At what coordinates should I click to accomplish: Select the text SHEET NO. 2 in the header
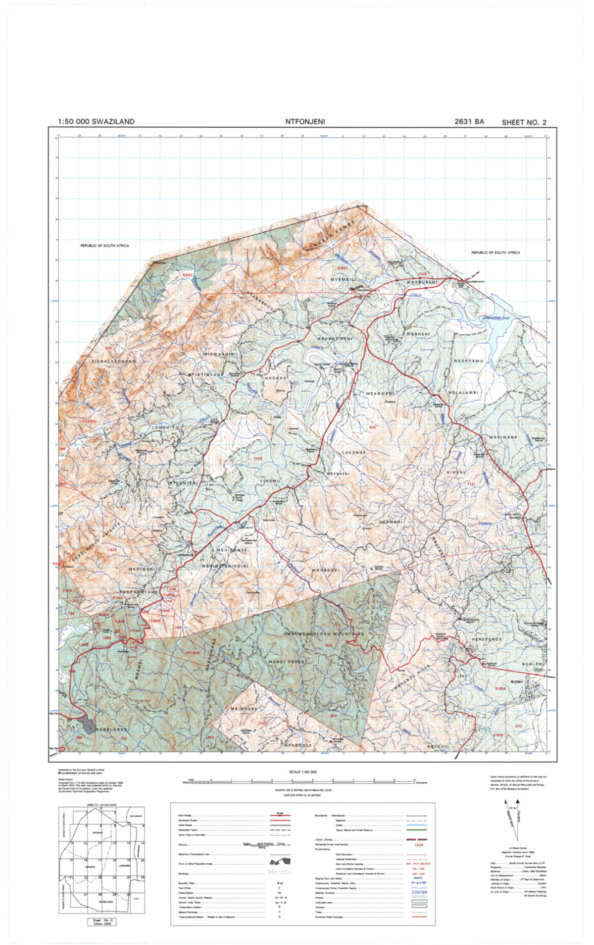[x=524, y=122]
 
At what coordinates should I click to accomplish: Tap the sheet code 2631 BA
[x=469, y=122]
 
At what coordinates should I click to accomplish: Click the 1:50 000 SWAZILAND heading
[x=96, y=122]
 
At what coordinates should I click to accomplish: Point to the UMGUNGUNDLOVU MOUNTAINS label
[x=324, y=634]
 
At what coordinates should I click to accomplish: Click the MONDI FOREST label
[x=287, y=661]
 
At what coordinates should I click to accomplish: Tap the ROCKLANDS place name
[x=111, y=730]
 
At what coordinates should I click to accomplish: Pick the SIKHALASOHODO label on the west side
[x=113, y=362]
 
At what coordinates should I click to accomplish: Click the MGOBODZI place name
[x=325, y=571]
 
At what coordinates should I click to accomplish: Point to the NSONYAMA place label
[x=468, y=361]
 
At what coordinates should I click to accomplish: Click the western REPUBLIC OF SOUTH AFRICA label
[x=104, y=246]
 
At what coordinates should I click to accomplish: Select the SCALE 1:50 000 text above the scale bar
[x=302, y=772]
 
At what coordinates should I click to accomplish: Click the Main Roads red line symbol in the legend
[x=280, y=815]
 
